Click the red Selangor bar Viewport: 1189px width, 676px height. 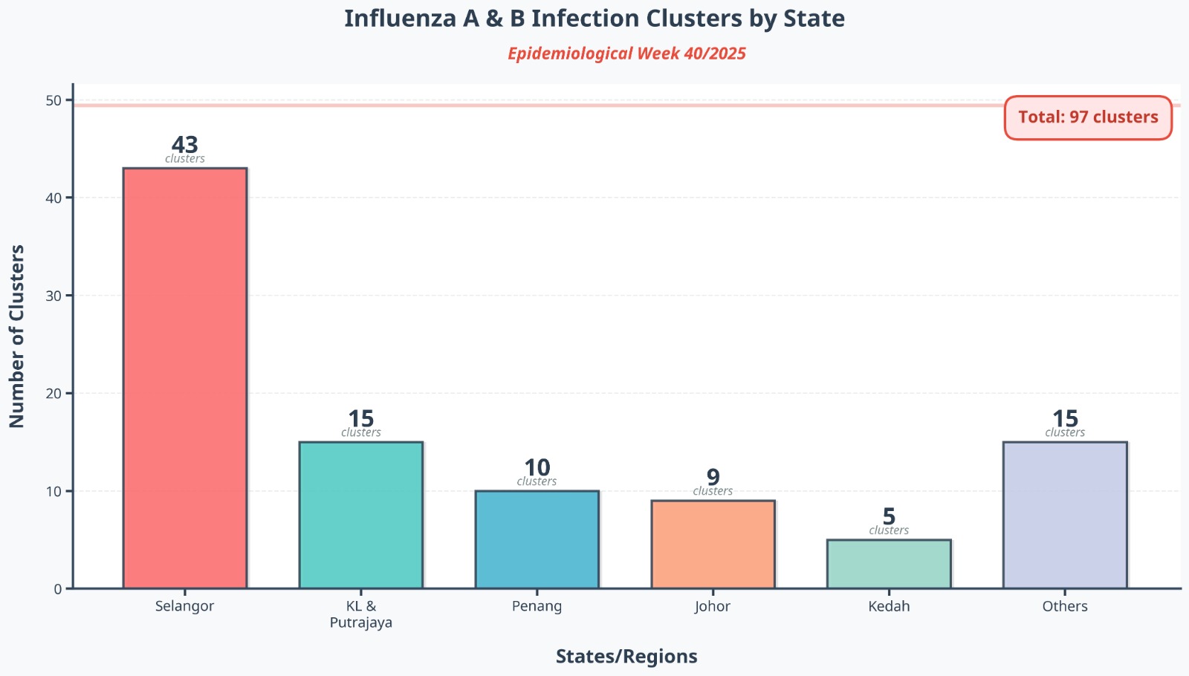[185, 378]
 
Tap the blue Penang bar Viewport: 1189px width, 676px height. [537, 539]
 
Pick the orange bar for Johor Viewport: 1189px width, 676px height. [713, 545]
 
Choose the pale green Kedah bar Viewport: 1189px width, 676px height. [889, 564]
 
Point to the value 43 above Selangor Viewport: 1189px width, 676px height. [185, 144]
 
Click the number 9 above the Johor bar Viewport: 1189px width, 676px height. [713, 477]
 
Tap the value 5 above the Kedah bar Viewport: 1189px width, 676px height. [889, 516]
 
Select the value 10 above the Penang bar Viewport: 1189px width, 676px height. [537, 467]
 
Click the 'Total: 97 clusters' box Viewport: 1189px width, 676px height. [1088, 117]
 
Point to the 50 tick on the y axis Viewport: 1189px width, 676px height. [54, 100]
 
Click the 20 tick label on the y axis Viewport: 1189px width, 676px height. [54, 394]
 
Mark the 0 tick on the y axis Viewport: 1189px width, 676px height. [58, 589]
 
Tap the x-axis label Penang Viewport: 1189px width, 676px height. [537, 606]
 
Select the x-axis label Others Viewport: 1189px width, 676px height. [1065, 606]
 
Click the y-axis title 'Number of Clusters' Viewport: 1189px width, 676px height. [17, 336]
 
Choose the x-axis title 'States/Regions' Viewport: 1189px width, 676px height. [626, 657]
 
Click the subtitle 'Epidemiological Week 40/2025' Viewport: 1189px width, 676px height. [626, 53]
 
